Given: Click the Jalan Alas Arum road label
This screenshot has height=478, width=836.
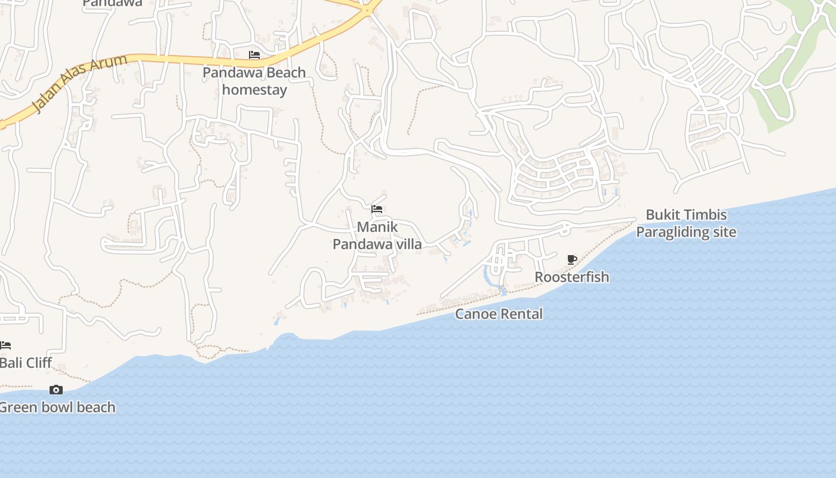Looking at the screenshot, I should (x=80, y=83).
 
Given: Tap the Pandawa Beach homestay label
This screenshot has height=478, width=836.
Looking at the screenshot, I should (x=254, y=81).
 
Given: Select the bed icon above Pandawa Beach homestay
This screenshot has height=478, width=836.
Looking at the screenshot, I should (x=254, y=55).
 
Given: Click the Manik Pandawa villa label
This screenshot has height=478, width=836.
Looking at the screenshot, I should (x=377, y=235).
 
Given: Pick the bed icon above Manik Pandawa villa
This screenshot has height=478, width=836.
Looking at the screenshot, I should (x=377, y=209).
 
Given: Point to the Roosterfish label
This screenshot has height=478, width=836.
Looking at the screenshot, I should (x=571, y=277).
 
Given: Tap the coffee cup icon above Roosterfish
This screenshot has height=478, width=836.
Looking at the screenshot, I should (x=571, y=259).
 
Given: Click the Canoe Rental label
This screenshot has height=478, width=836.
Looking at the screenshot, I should (x=499, y=314).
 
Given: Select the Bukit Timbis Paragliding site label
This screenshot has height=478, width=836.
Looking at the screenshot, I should (x=686, y=223).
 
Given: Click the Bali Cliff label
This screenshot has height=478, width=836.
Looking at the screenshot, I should (x=26, y=363).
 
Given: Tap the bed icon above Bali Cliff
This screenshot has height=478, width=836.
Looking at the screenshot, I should (x=5, y=345).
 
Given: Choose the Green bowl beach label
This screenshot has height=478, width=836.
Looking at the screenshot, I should (x=57, y=407).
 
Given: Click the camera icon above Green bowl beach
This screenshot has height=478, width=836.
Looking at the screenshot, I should (x=56, y=390).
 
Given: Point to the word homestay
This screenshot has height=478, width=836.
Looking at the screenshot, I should (x=254, y=90).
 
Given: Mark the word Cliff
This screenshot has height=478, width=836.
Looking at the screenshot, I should (x=37, y=363).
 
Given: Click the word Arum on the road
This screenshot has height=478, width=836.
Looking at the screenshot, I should (x=112, y=66).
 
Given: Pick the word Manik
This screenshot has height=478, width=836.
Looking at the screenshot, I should (x=377, y=227).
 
